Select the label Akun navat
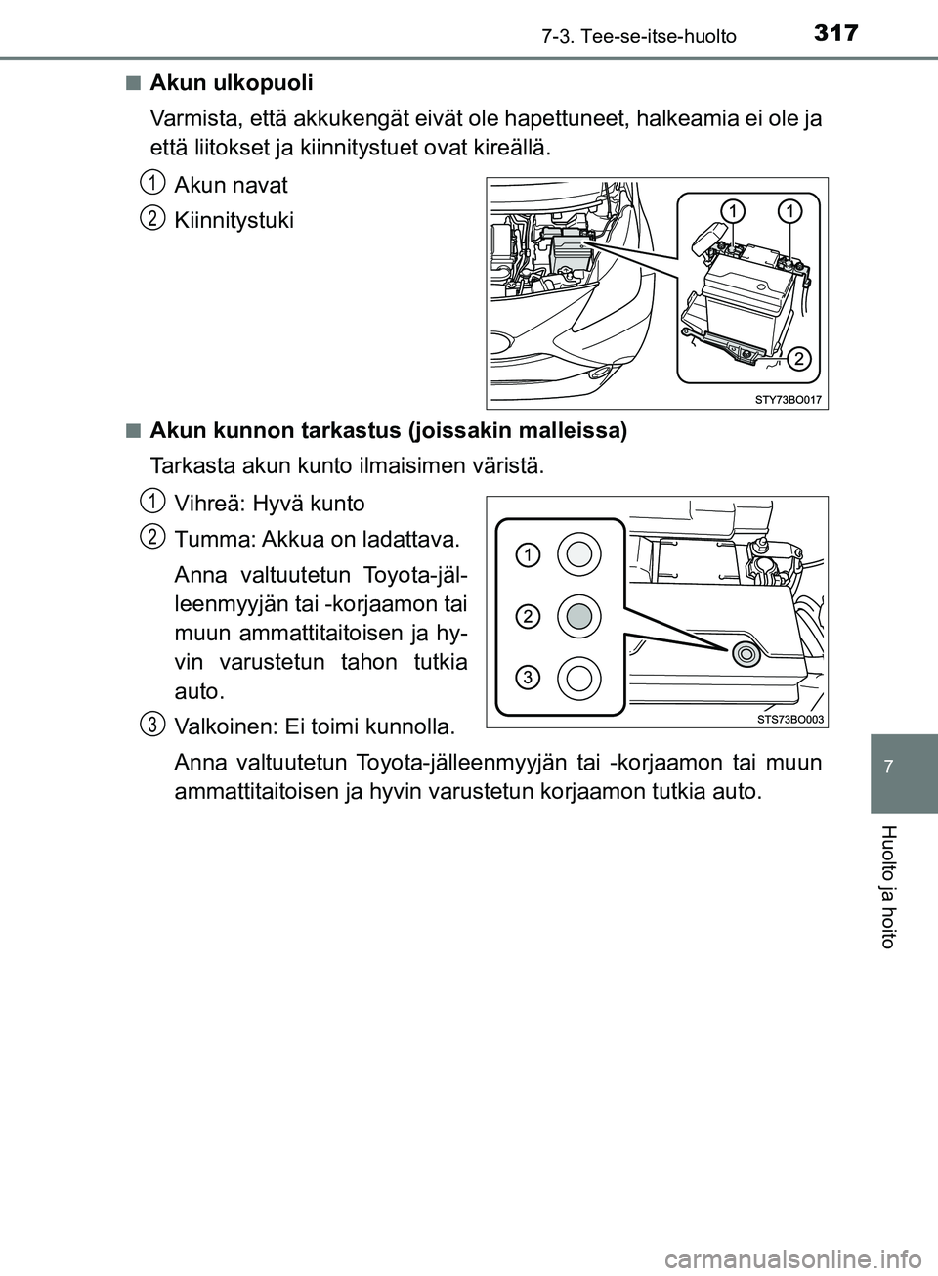tap(231, 184)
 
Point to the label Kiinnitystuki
tap(234, 220)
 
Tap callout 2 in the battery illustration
tap(798, 359)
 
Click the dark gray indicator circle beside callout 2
tap(578, 615)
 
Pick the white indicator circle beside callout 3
tap(578, 676)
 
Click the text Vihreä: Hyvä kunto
tap(269, 505)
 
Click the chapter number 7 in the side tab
tap(904, 759)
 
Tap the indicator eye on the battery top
tap(746, 653)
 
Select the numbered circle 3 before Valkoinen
tap(150, 724)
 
